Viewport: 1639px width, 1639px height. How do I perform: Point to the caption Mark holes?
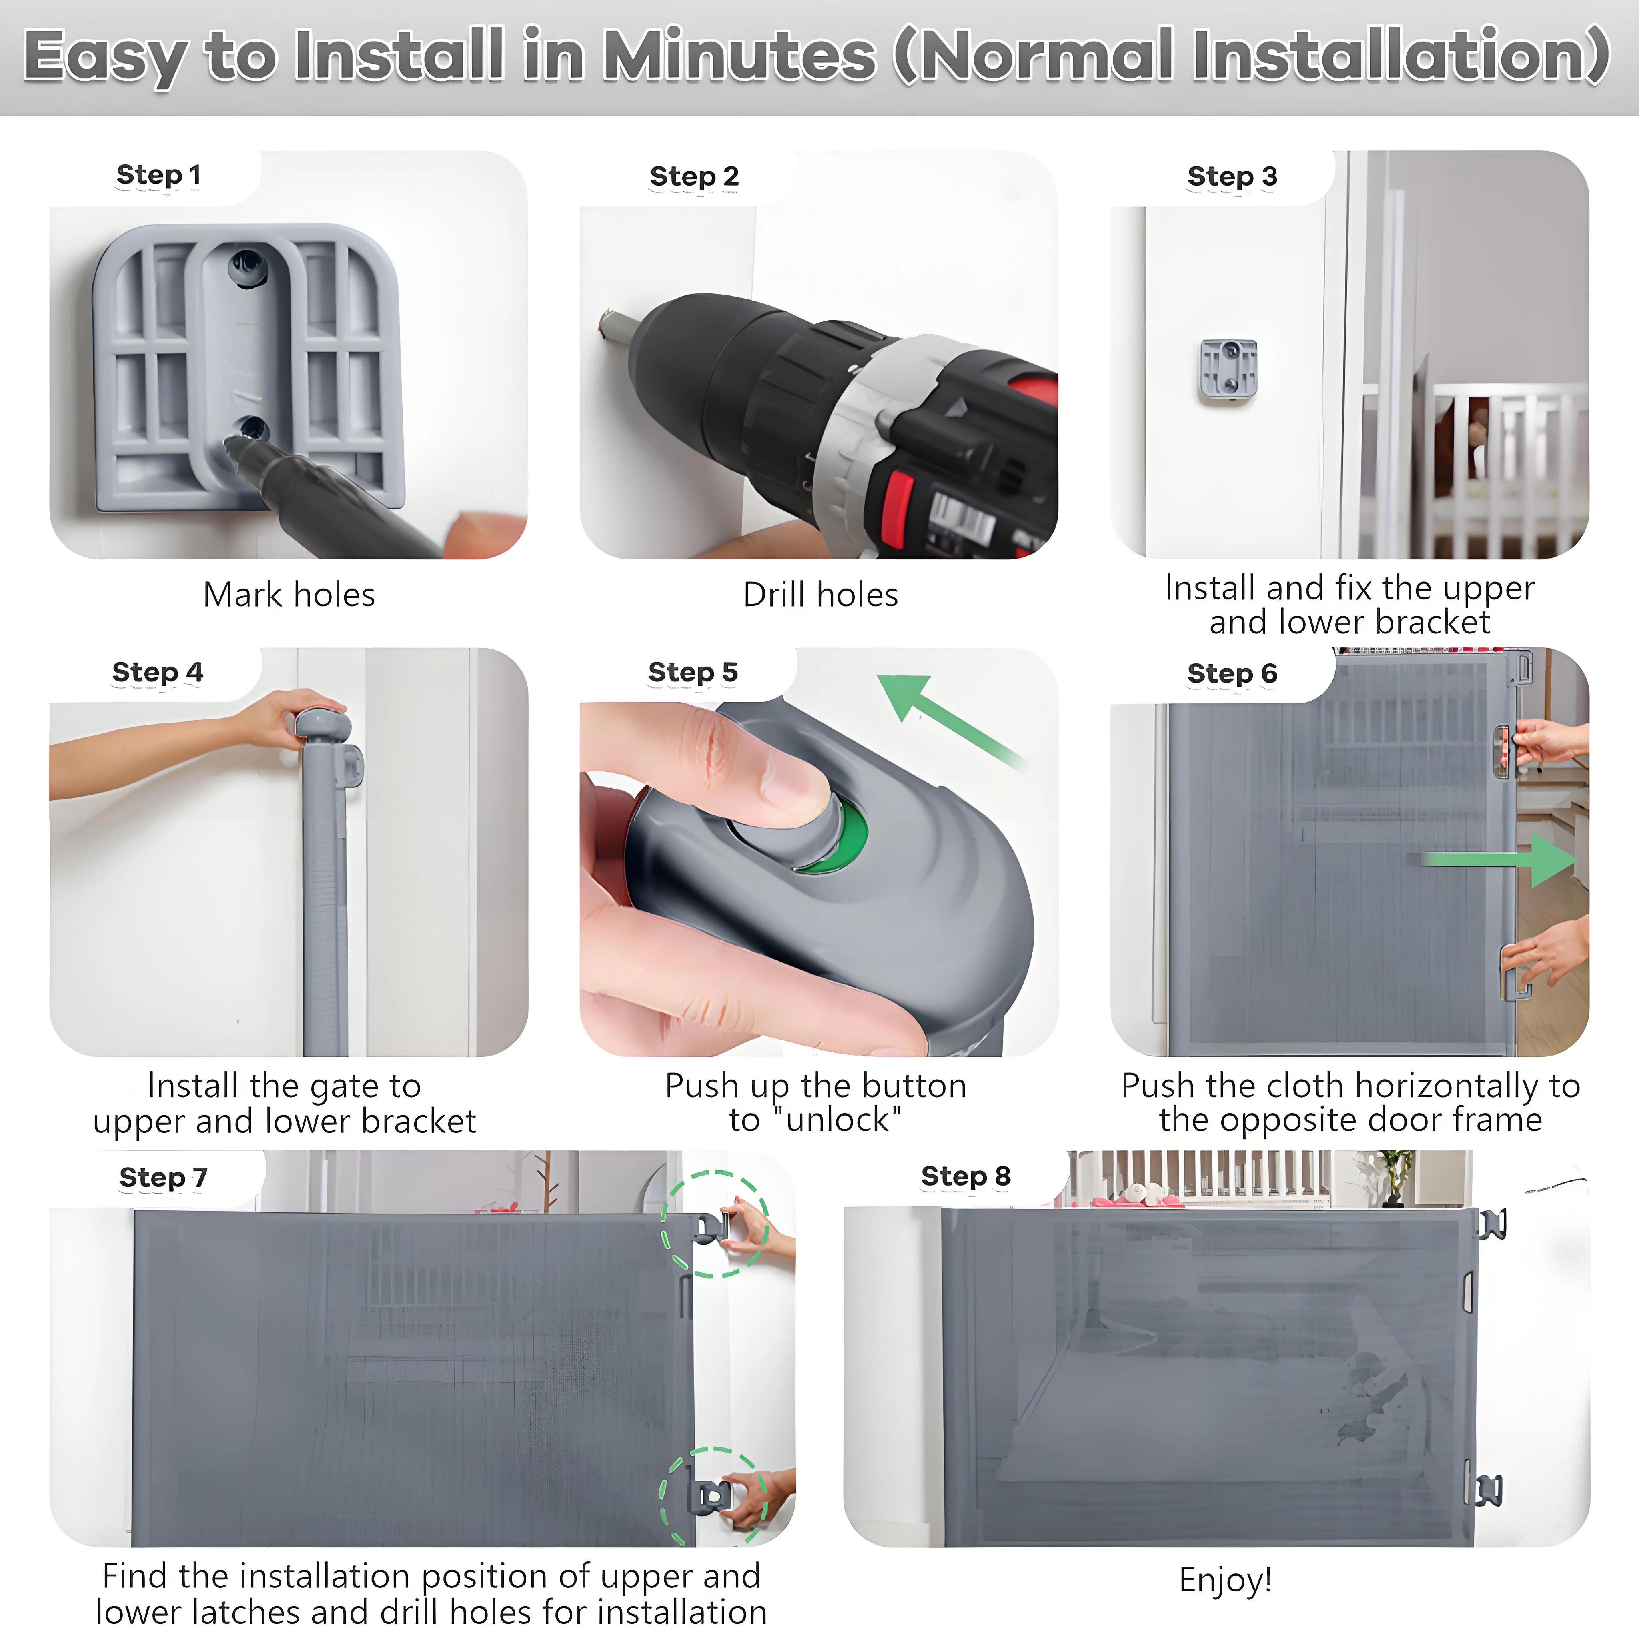pos(289,595)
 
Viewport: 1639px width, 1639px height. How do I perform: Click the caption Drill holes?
pos(820,595)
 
